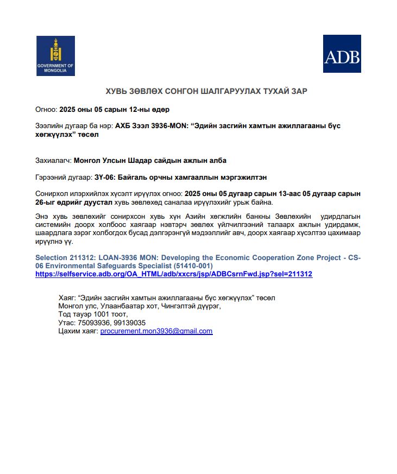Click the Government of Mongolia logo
point(55,56)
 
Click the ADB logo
point(342,54)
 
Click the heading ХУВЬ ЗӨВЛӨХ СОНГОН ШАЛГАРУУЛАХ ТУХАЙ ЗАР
point(199,91)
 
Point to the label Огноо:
point(46,109)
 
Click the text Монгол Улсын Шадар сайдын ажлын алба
point(150,160)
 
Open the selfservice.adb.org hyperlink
point(174,274)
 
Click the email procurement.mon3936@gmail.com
point(156,331)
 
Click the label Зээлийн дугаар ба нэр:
point(74,125)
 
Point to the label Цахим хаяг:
point(78,331)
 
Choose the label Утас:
point(66,323)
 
